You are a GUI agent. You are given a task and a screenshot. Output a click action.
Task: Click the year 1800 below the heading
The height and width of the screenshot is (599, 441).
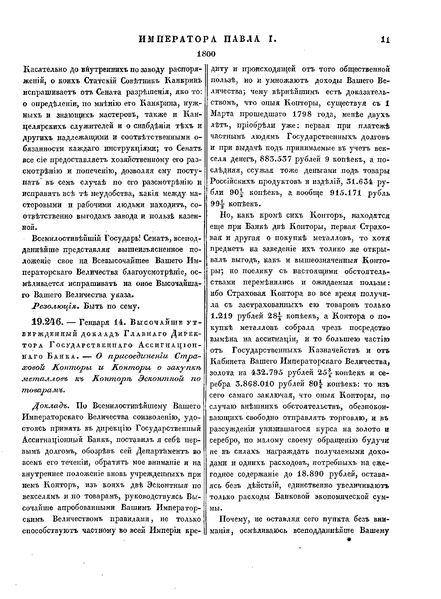coord(205,54)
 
